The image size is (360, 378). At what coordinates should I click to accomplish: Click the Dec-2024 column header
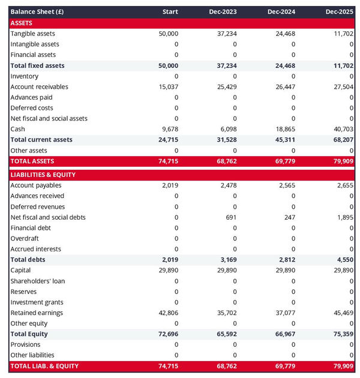tap(281, 12)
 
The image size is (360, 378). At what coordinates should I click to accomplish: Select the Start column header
tap(170, 12)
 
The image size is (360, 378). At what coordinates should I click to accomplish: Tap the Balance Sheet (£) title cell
tap(37, 12)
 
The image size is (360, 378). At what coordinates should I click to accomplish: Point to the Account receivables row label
tap(39, 87)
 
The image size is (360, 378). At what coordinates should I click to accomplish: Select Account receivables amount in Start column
tap(167, 87)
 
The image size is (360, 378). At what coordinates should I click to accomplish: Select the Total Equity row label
tap(29, 334)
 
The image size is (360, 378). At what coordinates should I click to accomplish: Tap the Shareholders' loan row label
tap(38, 281)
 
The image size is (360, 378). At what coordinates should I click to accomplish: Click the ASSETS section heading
tap(22, 23)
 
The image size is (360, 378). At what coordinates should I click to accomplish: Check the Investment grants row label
tap(37, 302)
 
